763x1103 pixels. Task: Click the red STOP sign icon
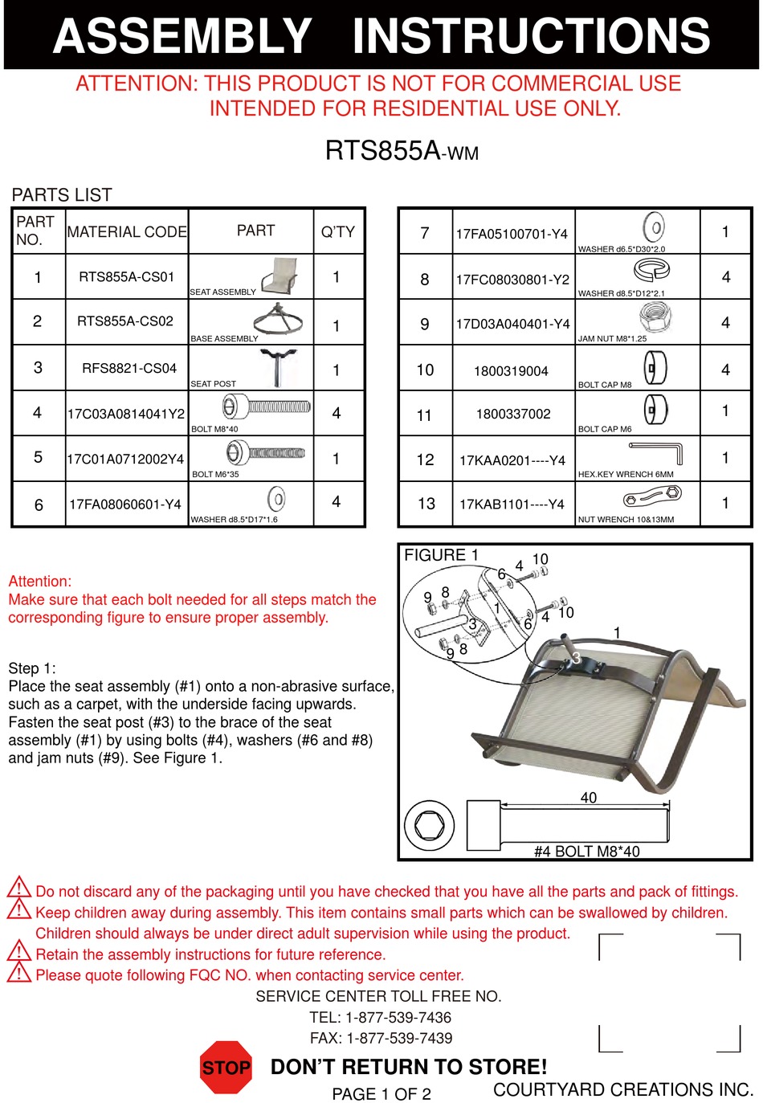[226, 1067]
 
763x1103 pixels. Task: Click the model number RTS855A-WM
[402, 151]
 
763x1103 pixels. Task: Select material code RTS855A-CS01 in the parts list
[126, 277]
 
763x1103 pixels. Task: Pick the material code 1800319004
[511, 371]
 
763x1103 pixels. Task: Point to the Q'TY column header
[337, 232]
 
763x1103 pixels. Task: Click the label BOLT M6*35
[214, 474]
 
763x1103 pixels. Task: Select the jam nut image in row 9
[655, 317]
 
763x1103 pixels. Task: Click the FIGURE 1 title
[441, 555]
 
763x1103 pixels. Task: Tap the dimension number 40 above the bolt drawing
[588, 798]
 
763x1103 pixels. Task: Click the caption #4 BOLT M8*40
[586, 852]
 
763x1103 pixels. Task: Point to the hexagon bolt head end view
[429, 826]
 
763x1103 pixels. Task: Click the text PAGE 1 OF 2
[381, 1094]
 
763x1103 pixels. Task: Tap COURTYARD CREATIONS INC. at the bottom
[622, 1089]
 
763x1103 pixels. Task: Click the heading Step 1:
[32, 668]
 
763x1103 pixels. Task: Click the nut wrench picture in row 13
[653, 499]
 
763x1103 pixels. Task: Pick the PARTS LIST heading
[62, 195]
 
